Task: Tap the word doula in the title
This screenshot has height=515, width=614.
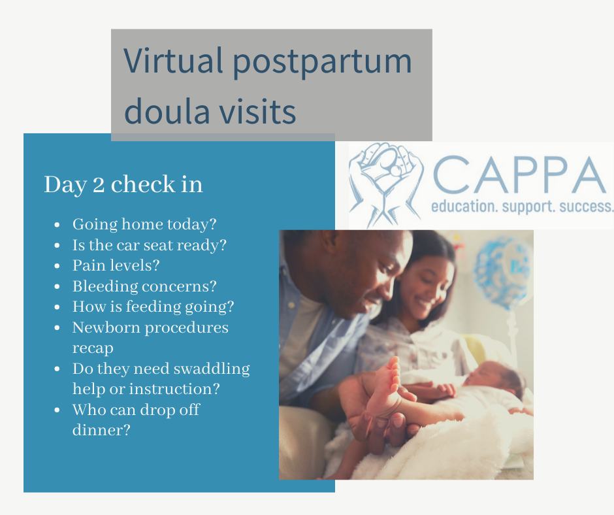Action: (167, 111)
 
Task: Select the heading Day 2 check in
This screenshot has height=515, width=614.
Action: (123, 184)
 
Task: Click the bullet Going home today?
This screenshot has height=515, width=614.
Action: (144, 224)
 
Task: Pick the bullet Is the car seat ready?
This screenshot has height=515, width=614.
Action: (150, 245)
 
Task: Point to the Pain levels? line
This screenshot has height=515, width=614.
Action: (116, 265)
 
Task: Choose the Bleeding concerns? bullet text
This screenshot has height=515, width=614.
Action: (144, 286)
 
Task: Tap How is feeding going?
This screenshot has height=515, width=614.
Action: (153, 307)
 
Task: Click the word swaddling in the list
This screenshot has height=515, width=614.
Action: (212, 369)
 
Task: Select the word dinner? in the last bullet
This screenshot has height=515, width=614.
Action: (101, 430)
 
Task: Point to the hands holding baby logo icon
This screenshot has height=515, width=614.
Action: (386, 184)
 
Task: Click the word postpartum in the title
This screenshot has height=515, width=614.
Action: (322, 62)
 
